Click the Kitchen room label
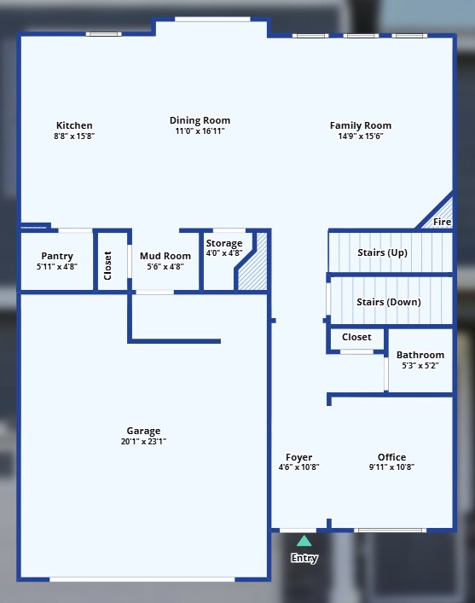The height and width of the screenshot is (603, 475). pyautogui.click(x=74, y=125)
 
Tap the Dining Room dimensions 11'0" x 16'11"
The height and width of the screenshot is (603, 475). pyautogui.click(x=200, y=131)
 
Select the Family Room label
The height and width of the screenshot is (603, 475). pyautogui.click(x=360, y=125)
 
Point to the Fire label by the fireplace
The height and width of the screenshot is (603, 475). pyautogui.click(x=442, y=222)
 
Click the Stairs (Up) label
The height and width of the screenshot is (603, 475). pyautogui.click(x=381, y=252)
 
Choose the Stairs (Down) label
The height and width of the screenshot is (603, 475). pyautogui.click(x=388, y=301)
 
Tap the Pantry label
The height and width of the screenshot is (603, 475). pyautogui.click(x=57, y=256)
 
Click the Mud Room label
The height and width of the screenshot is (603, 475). pyautogui.click(x=165, y=256)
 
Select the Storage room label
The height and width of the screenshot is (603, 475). pyautogui.click(x=223, y=243)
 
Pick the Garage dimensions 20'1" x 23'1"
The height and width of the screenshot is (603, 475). pyautogui.click(x=143, y=442)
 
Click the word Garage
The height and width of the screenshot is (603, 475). pyautogui.click(x=143, y=431)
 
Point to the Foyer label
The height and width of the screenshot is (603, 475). pyautogui.click(x=298, y=457)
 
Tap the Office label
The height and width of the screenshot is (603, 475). pyautogui.click(x=391, y=457)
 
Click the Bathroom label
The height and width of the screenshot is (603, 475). pyautogui.click(x=420, y=355)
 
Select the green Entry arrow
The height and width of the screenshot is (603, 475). pyautogui.click(x=304, y=540)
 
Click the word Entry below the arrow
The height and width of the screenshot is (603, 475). pyautogui.click(x=304, y=559)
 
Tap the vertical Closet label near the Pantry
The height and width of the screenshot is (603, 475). pyautogui.click(x=107, y=264)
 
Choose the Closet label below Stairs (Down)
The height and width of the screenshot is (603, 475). pyautogui.click(x=356, y=337)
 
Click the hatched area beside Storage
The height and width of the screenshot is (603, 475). pyautogui.click(x=254, y=268)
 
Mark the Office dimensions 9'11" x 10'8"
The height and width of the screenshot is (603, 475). pyautogui.click(x=391, y=467)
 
